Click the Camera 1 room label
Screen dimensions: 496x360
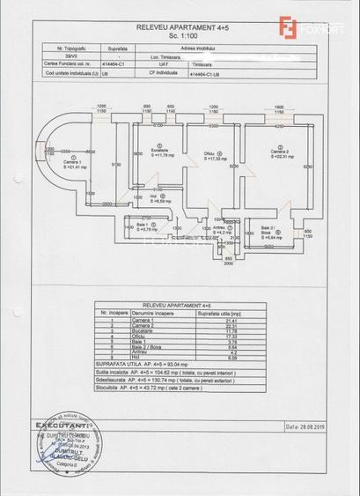coord(74,163)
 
